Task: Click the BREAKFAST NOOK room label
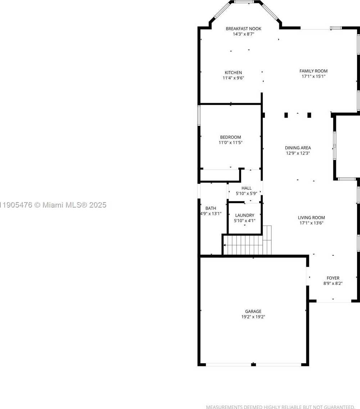243,29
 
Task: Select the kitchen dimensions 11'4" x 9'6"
233,78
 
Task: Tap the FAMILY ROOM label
314,71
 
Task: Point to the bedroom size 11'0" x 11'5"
230,142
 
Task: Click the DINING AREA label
298,147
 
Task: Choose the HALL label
246,188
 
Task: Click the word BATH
211,208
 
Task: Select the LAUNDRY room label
244,215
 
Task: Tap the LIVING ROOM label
311,217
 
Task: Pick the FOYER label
333,278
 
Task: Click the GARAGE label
253,311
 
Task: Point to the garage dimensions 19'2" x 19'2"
253,317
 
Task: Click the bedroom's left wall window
199,115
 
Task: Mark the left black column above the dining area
286,115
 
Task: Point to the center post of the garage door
253,364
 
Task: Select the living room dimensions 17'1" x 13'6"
311,223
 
